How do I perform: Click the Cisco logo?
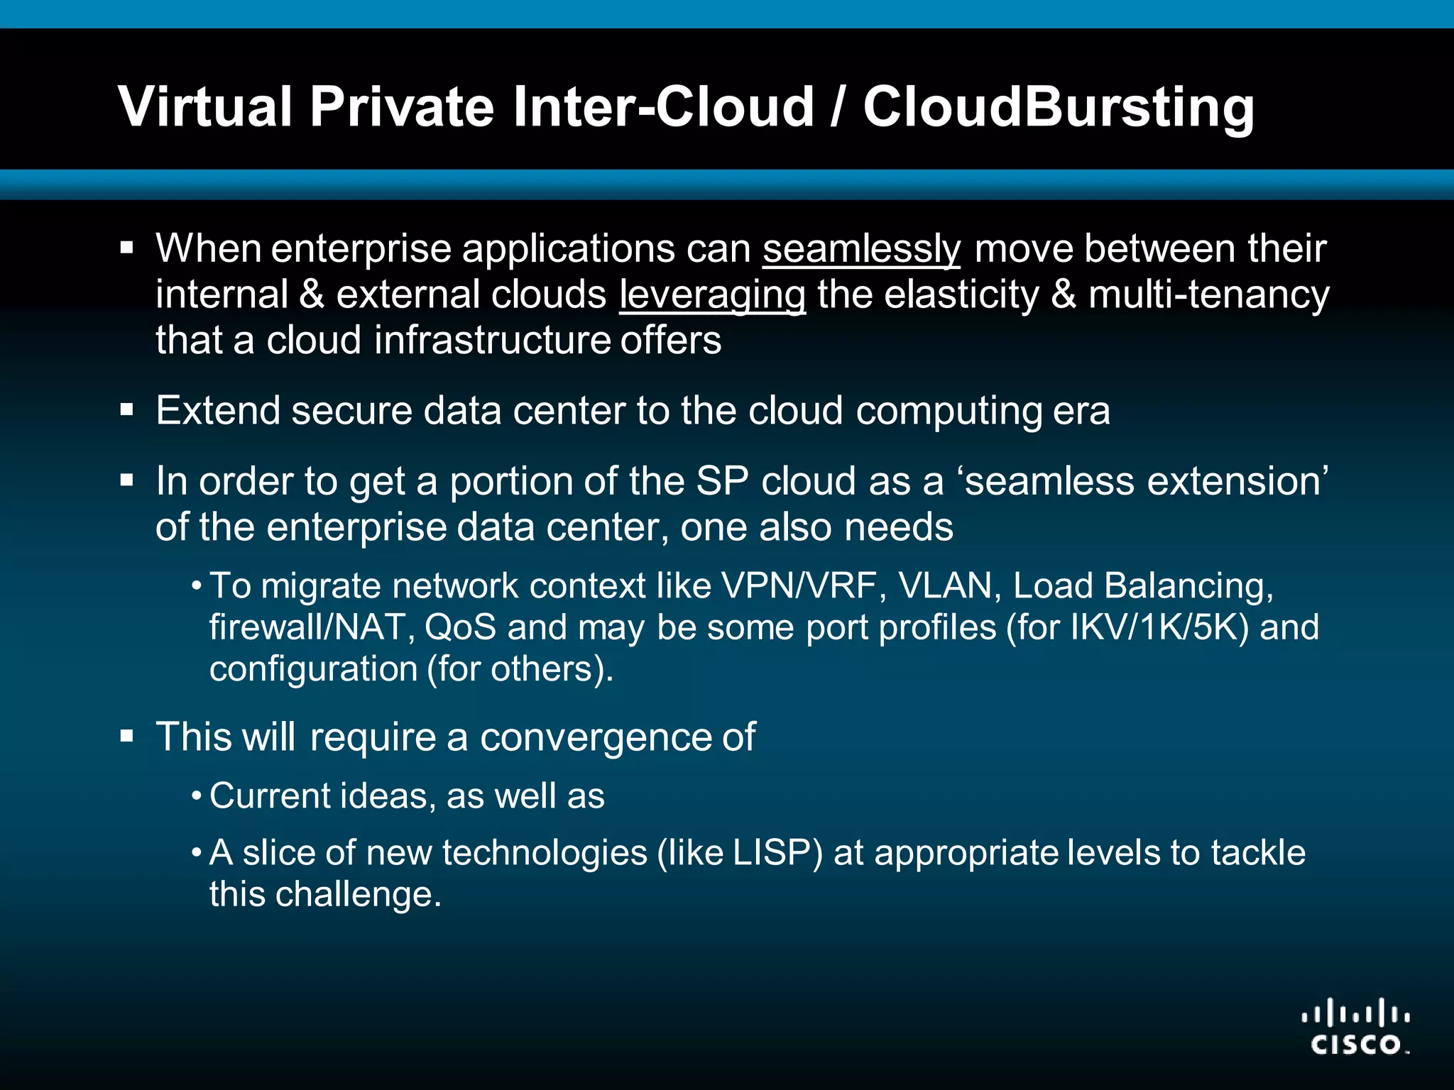[1355, 1026]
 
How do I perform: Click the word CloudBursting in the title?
[1059, 107]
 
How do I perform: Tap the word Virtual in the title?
[206, 107]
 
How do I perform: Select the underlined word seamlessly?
[861, 249]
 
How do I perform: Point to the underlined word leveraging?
[712, 295]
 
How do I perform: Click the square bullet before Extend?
[127, 410]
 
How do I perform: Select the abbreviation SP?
[722, 481]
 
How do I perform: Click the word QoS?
[460, 627]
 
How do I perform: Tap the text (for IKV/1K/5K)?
[1127, 627]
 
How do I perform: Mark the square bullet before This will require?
[127, 737]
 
